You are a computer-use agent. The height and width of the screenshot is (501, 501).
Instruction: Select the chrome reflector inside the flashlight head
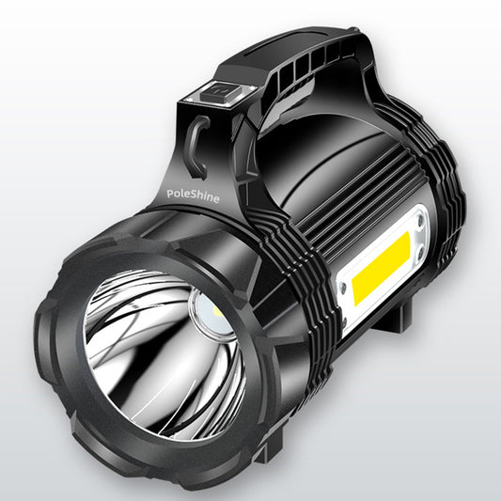(150, 348)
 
